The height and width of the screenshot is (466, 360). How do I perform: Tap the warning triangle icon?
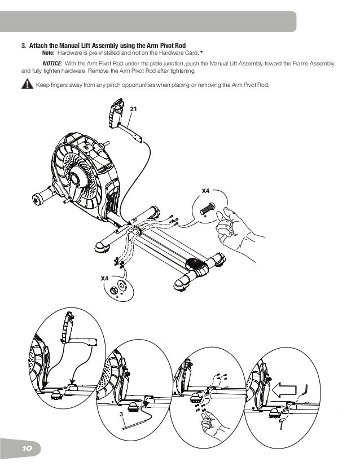26,85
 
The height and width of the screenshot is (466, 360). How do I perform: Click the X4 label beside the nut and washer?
104,278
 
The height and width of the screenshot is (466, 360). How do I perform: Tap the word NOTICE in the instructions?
52,64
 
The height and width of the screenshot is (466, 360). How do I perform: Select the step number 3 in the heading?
23,45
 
